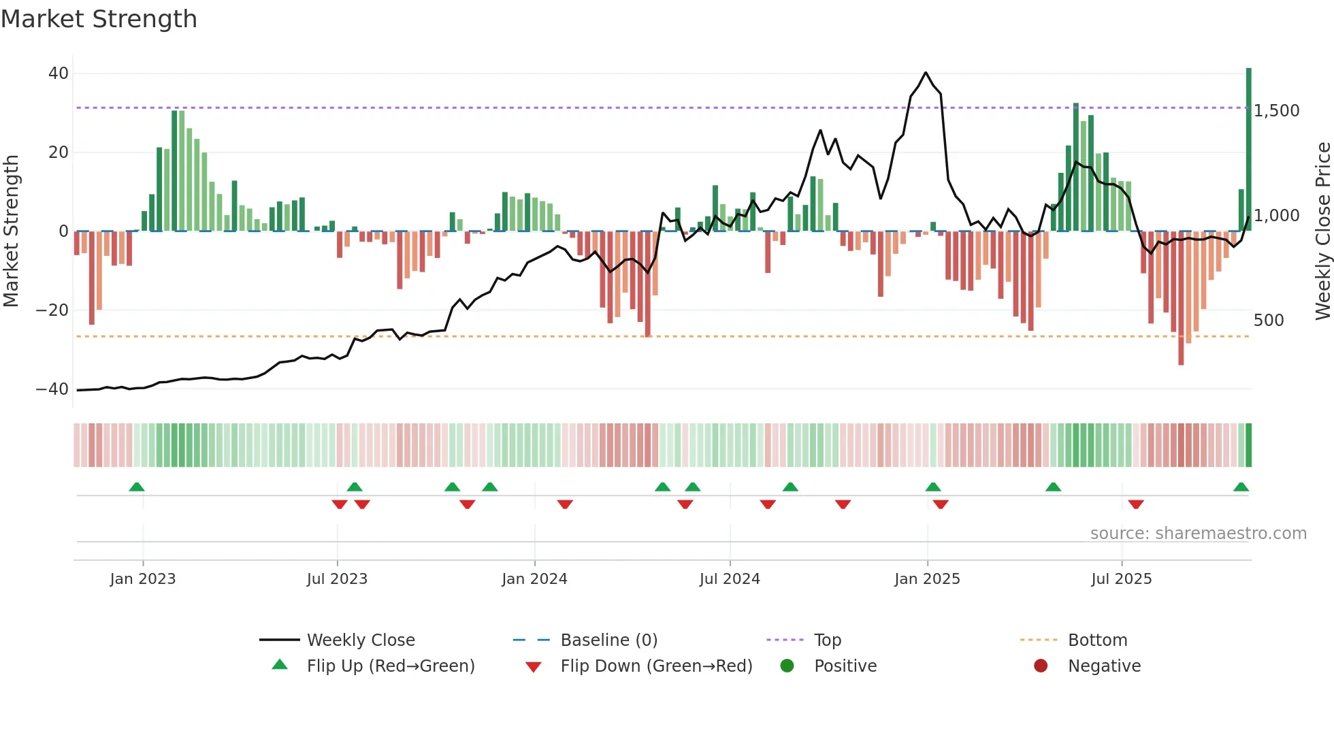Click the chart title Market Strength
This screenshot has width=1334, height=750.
(99, 19)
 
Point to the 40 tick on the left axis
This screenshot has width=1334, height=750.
(59, 74)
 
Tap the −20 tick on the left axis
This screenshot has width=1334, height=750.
(52, 310)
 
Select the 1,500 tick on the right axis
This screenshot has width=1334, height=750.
(1276, 111)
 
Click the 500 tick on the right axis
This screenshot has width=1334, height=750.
(1268, 321)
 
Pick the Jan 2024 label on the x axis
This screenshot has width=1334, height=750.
(534, 579)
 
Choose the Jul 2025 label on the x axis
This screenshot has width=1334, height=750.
(1121, 579)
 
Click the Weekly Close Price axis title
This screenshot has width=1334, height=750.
(1322, 231)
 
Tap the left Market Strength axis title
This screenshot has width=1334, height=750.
(12, 231)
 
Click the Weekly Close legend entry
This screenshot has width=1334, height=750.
(360, 640)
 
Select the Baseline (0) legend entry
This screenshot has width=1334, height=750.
(608, 640)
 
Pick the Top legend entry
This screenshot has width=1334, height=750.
(827, 640)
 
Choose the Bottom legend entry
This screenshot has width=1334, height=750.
(1097, 640)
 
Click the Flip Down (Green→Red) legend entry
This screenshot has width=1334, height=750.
(655, 666)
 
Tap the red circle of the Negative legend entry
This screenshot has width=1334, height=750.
(1041, 666)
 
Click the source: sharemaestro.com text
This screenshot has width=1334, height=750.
(1198, 534)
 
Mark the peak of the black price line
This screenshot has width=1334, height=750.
(926, 73)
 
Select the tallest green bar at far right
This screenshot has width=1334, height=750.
(1248, 150)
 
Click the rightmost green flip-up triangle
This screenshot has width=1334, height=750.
(1241, 487)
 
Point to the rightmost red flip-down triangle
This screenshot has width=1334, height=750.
(1136, 504)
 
